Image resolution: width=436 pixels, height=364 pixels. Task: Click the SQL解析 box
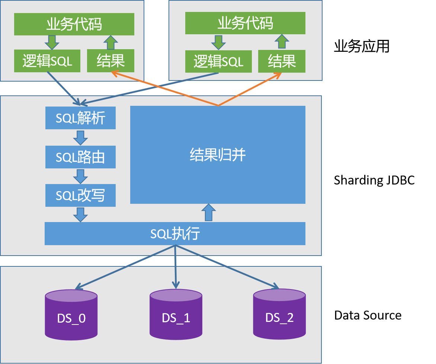[80, 118]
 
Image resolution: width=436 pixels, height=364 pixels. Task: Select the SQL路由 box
[80, 157]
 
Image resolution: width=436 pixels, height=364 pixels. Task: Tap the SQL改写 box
[80, 195]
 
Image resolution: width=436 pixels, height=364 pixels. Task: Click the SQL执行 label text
[175, 234]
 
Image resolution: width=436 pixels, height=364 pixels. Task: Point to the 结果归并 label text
[218, 155]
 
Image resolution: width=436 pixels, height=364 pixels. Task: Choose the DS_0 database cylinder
[71, 315]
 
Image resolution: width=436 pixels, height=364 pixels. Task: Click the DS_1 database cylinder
[176, 315]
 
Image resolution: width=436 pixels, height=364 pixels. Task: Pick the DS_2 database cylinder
[279, 314]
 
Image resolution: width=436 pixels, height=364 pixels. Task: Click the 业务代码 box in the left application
[74, 24]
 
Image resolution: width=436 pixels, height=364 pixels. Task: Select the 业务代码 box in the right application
[245, 23]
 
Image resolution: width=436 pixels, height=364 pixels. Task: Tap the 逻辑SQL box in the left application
[47, 61]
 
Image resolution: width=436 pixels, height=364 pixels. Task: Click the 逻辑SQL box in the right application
[218, 61]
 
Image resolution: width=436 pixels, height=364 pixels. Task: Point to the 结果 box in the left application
[110, 61]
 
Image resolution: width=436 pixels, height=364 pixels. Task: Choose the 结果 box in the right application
[282, 61]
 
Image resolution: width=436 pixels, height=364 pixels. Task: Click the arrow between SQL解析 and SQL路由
[80, 137]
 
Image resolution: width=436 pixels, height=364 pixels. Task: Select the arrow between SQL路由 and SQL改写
[80, 176]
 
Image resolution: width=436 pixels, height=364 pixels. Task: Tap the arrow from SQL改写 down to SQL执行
[80, 215]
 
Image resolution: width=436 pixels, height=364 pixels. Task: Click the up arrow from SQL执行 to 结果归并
[209, 213]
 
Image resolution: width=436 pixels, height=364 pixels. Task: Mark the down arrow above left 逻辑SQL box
[52, 42]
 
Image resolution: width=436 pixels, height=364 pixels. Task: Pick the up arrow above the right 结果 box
[282, 42]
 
